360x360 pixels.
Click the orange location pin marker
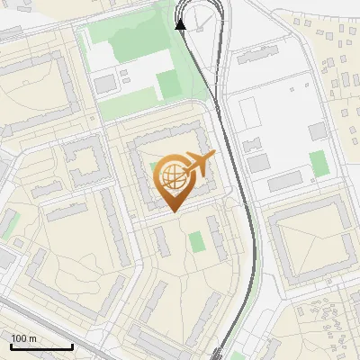point(173,180)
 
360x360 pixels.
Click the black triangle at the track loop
point(181,24)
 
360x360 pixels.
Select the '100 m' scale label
point(23,338)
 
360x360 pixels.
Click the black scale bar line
point(41,346)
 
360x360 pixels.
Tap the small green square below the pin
point(196,241)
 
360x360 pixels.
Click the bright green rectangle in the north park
point(168,85)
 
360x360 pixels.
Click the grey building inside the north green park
point(105,84)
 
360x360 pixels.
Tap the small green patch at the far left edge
point(8,226)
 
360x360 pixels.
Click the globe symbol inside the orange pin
point(171,175)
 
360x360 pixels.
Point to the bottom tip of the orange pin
point(173,211)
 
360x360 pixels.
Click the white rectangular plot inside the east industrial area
point(249,112)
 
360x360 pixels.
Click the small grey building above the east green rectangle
point(317,131)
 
